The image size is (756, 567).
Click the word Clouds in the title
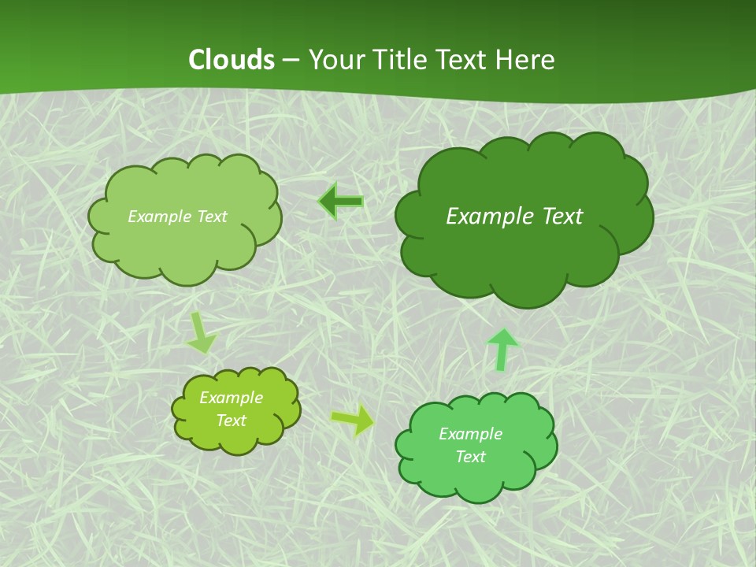231,60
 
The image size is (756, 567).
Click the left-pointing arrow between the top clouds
340,202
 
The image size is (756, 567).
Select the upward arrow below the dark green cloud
502,349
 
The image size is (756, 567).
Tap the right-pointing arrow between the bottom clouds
353,420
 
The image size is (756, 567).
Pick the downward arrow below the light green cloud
201,333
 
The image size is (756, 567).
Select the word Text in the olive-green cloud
232,421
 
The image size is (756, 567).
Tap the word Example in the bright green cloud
470,434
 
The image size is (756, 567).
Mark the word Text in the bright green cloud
470,457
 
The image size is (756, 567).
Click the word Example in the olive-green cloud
232,398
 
